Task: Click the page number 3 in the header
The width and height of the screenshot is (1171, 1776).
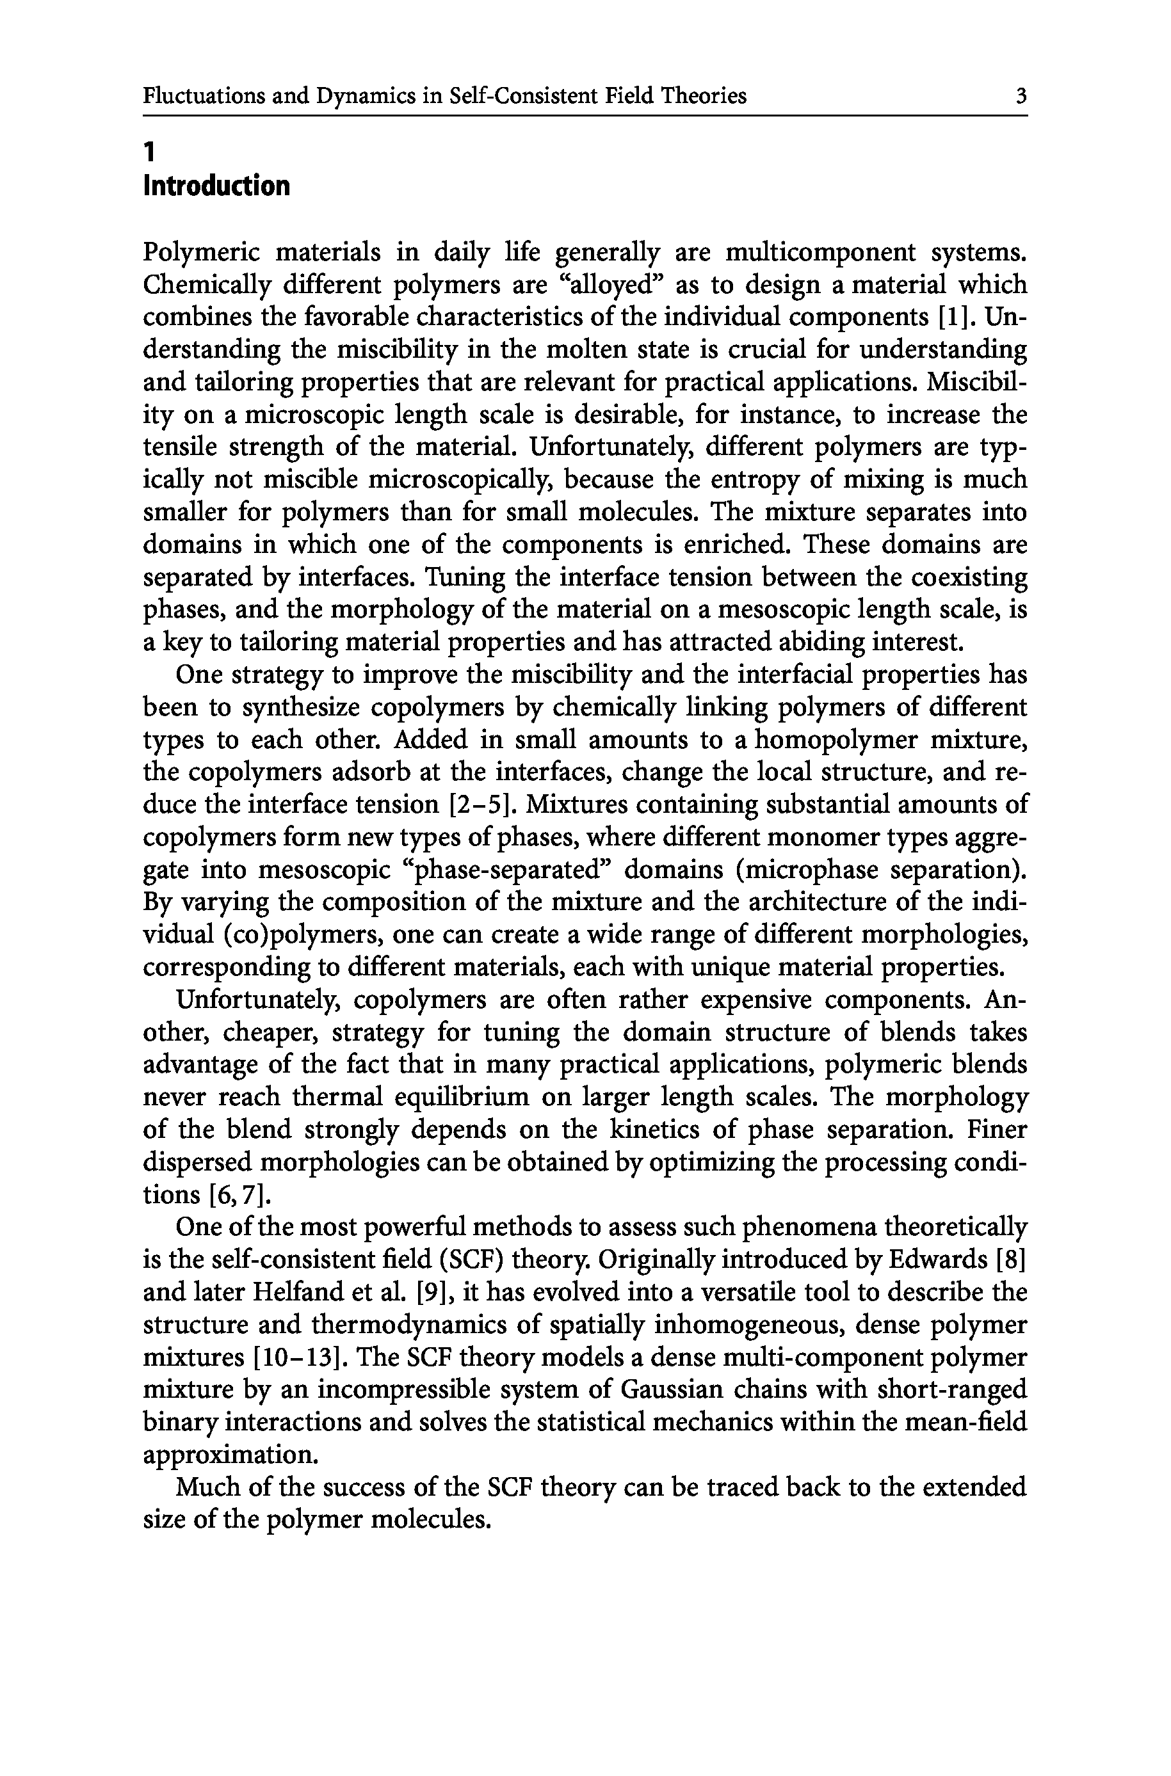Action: [1021, 96]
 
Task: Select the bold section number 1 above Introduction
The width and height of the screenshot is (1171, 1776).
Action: [149, 152]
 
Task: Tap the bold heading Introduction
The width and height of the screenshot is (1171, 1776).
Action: [216, 186]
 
